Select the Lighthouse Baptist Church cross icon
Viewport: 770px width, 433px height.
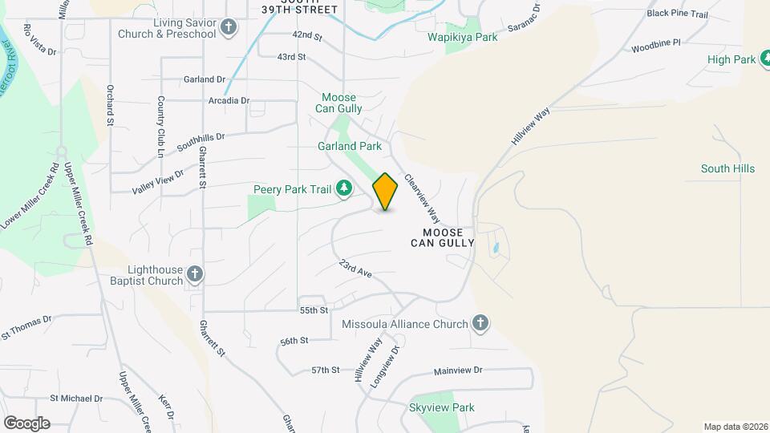pos(194,276)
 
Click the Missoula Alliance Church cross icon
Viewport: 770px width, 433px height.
pos(480,324)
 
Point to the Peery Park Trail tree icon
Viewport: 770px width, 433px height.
pos(345,188)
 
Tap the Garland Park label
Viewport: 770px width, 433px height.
pos(350,147)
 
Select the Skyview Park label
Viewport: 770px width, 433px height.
pos(442,407)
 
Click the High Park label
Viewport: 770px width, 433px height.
pos(732,59)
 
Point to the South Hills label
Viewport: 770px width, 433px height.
pos(727,168)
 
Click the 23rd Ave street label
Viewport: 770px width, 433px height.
pos(355,269)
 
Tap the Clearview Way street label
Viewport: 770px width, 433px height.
pos(423,199)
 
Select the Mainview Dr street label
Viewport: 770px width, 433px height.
pos(458,370)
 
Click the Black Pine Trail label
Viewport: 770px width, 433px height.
pos(678,14)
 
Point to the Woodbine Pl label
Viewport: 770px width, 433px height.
pos(655,42)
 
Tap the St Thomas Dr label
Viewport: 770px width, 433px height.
pos(26,324)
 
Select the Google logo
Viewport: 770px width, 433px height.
pos(26,423)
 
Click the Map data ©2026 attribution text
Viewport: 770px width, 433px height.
pos(735,427)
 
